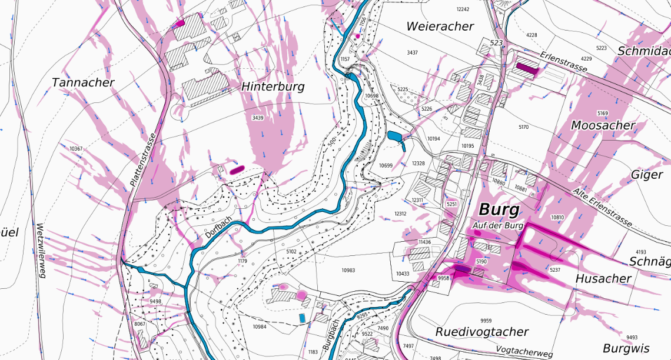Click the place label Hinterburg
273,87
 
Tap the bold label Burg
499,209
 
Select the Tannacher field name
83,82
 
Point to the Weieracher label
440,26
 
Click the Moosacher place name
603,125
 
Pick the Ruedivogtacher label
481,332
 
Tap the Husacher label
603,278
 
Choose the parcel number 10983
348,270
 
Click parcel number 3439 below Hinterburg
257,118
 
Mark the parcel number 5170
523,127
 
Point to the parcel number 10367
76,149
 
